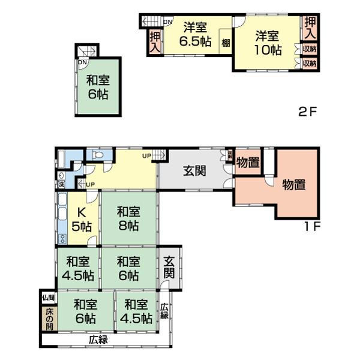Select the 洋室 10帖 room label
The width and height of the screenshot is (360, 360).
tap(268, 42)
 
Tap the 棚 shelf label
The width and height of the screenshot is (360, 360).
tap(225, 43)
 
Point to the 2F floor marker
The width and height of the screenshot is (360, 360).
tap(307, 111)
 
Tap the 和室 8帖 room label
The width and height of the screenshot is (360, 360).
tap(128, 218)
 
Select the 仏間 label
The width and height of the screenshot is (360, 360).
tap(48, 298)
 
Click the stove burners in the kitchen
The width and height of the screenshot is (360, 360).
tap(62, 239)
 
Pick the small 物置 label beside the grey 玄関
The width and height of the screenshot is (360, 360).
tap(247, 162)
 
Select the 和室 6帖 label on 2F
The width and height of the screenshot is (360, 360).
tap(97, 87)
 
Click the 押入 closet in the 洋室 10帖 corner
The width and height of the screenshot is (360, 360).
tap(310, 28)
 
